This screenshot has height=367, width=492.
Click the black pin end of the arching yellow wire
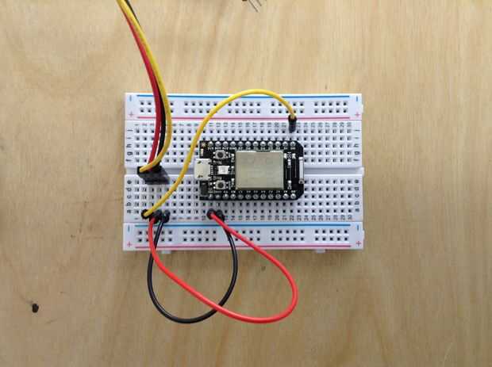tap(292, 122)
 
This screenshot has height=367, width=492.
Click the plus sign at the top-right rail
tap(359, 116)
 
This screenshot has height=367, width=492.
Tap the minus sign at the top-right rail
tap(359, 98)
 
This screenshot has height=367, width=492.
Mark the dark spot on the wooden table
tap(35, 306)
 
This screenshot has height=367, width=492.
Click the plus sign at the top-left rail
tap(132, 116)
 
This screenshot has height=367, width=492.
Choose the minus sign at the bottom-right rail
tap(359, 227)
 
